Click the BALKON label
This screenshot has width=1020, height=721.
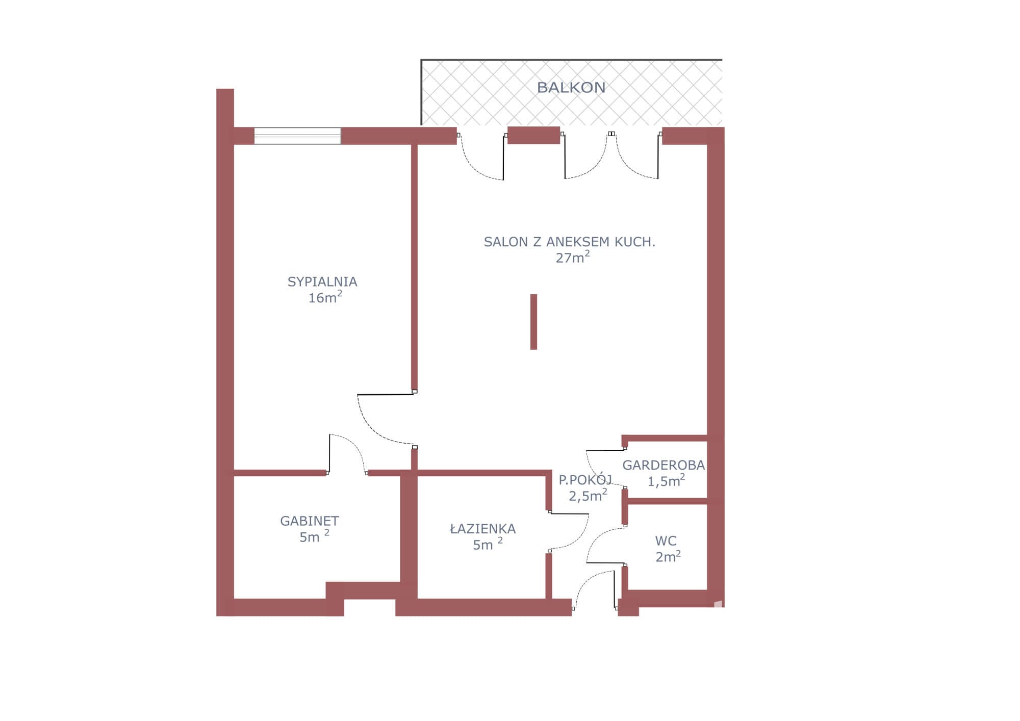(571, 88)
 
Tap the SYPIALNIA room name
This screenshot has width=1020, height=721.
(322, 282)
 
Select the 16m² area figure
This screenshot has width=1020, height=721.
(325, 297)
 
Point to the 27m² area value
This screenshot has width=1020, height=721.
(573, 257)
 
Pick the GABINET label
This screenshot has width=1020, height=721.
(310, 521)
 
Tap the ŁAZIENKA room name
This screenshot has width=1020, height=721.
(483, 528)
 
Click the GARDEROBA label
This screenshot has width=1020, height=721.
(664, 465)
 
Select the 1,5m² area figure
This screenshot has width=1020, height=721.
(666, 481)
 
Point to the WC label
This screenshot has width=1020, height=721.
(666, 541)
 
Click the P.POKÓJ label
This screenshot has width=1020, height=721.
(585, 479)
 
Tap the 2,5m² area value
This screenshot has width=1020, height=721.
(588, 495)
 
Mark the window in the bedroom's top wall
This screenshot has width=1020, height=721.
(297, 136)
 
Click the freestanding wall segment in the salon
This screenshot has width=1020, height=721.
(533, 322)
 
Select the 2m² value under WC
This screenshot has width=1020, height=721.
(668, 556)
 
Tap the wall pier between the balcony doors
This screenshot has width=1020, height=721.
(533, 136)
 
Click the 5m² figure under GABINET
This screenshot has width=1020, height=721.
(314, 536)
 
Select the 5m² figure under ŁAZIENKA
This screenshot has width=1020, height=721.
(488, 544)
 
